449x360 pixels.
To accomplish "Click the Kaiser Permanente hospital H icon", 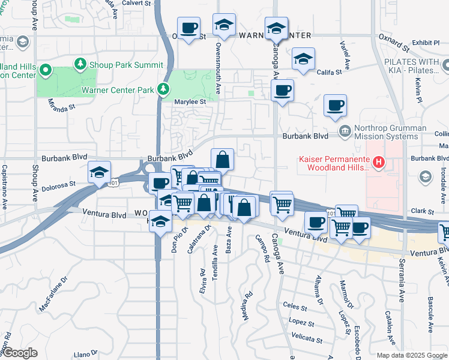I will (x=379, y=161).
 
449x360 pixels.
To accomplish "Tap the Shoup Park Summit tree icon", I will (x=79, y=64).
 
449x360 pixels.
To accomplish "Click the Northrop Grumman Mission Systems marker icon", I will (x=345, y=131).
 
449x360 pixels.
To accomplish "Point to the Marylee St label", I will (x=190, y=102).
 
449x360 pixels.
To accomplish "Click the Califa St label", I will (x=330, y=72).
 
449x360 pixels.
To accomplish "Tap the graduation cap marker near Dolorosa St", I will (x=99, y=172).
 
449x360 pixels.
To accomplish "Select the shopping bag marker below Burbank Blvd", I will (x=222, y=160).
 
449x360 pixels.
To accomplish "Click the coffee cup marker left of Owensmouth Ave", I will (x=189, y=28).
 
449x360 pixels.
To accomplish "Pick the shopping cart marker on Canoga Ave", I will (x=282, y=203).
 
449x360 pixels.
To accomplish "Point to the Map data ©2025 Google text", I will (x=412, y=355).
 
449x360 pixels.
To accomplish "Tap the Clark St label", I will (x=422, y=211).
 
